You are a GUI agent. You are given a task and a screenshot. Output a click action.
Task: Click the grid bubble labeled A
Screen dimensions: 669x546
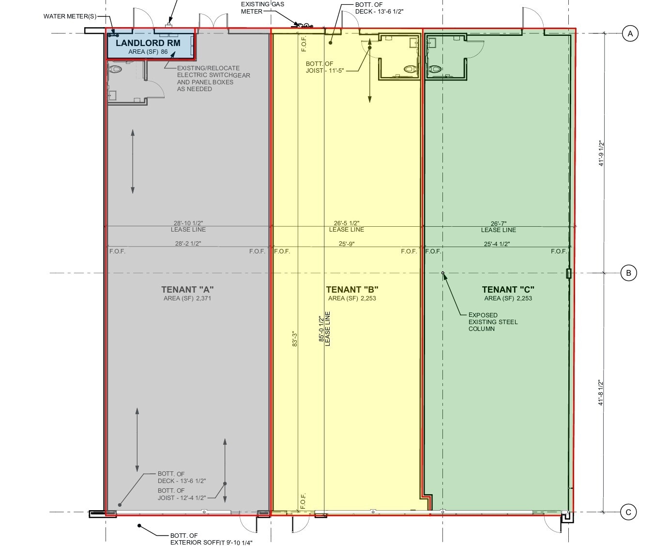630,33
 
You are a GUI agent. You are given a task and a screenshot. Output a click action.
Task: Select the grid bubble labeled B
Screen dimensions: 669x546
628,273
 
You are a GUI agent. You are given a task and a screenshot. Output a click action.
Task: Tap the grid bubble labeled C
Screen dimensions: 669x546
628,512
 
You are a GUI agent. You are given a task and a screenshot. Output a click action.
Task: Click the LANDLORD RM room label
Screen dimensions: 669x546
148,43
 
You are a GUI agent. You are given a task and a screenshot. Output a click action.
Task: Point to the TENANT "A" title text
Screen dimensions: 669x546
187,290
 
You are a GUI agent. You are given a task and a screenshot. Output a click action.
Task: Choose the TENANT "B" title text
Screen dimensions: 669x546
352,290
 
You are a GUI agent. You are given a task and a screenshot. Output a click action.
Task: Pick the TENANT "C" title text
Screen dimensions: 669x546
508,290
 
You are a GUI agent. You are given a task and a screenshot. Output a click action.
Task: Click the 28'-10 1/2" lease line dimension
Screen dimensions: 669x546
188,223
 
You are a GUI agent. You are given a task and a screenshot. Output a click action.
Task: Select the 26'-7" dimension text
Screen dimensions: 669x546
499,223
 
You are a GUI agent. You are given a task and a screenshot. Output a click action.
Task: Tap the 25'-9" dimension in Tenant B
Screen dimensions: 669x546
347,244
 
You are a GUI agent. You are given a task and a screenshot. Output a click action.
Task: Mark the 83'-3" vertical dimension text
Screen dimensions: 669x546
295,339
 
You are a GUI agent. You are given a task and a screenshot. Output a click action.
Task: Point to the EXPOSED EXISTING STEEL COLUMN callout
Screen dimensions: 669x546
493,322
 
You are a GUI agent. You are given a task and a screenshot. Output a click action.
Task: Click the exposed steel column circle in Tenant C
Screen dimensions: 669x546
443,273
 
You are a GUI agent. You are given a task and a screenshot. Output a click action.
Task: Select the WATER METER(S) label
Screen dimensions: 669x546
70,16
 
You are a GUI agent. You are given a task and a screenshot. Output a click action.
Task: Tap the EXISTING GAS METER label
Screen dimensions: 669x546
262,8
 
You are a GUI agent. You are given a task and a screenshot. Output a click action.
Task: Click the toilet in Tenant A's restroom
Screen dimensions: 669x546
115,69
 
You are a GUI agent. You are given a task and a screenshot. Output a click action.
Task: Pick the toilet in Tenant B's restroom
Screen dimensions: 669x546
411,69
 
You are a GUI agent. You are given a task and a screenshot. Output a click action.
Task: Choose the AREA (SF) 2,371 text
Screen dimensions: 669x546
187,298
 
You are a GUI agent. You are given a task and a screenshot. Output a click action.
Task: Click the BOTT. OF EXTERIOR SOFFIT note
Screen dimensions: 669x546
211,539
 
